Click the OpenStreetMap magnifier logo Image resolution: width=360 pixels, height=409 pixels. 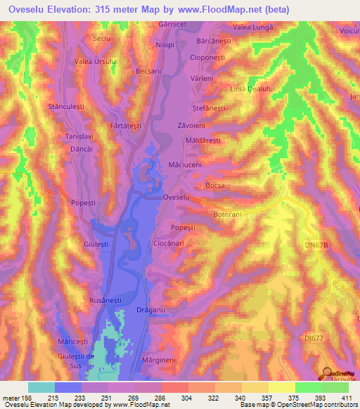coord(326,372)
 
